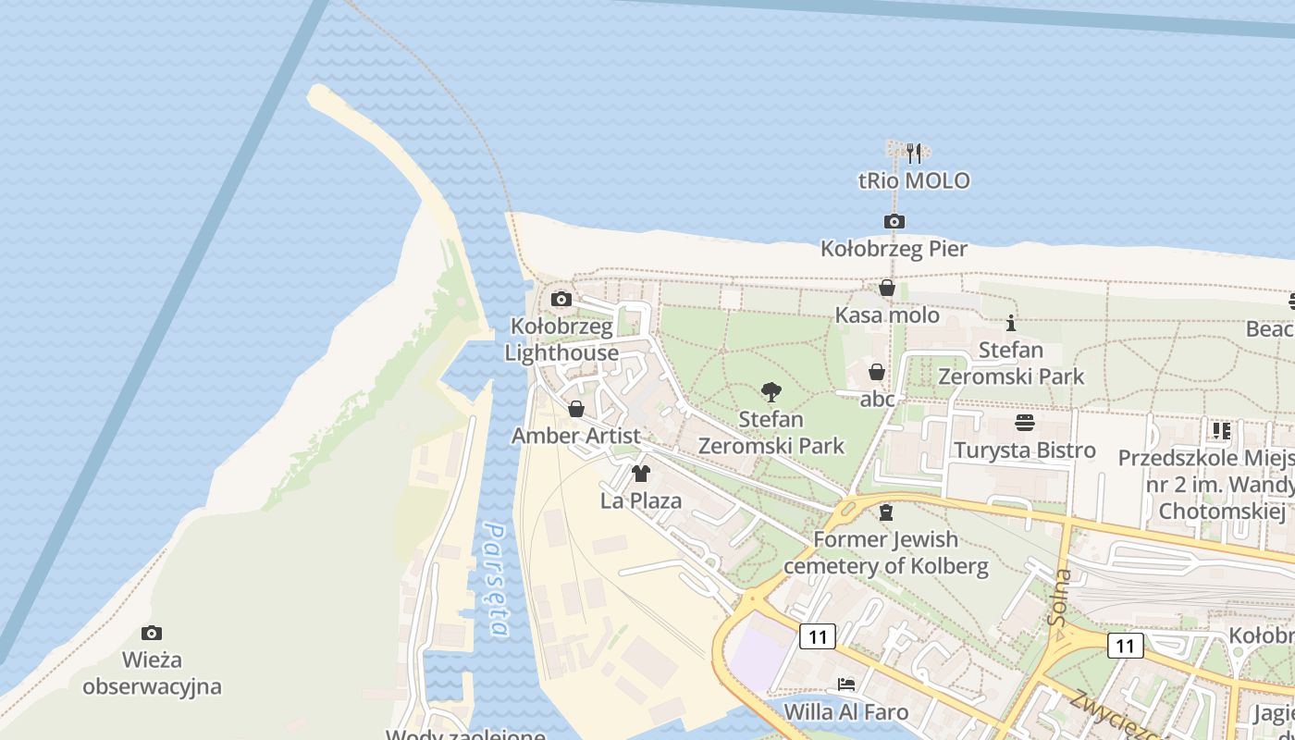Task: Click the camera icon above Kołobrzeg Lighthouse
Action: (x=561, y=299)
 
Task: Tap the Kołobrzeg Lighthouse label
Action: (x=562, y=339)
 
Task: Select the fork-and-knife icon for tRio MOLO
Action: (x=914, y=153)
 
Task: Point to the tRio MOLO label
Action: (x=914, y=180)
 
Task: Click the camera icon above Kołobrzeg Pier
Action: (x=894, y=221)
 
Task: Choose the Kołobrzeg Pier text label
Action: (x=894, y=249)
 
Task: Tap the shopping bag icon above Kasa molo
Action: (x=886, y=288)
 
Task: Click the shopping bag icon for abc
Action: (x=876, y=372)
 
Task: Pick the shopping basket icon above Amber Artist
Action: (x=576, y=408)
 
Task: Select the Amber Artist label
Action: (x=575, y=436)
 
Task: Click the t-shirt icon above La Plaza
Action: (x=640, y=474)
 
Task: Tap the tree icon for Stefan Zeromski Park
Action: (x=771, y=392)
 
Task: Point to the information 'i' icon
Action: (x=1011, y=323)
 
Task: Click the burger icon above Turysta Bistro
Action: (x=1025, y=423)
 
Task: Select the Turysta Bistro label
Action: (x=1025, y=450)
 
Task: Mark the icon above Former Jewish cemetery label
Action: (x=886, y=512)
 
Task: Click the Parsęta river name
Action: (x=498, y=580)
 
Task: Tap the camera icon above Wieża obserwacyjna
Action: (x=152, y=633)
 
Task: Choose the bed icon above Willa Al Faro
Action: (x=845, y=684)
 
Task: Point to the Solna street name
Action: (x=1062, y=598)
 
